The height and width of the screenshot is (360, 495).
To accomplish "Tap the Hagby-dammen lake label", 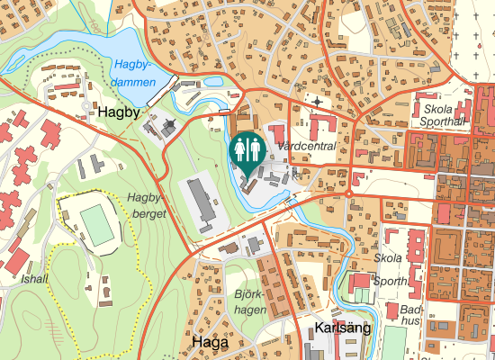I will coord(136,73).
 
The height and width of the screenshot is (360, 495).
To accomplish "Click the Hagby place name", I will coord(118,112).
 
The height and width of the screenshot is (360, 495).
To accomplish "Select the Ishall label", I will coord(35,279).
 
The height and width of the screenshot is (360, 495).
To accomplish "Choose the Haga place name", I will coord(210,343).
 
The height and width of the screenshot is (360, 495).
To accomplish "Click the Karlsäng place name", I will coord(343,328).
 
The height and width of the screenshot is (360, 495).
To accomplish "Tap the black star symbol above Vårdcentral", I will coord(317,102).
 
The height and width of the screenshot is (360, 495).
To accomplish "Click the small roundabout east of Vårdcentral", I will coord(348,193).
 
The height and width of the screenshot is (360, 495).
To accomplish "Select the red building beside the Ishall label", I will coord(18,259).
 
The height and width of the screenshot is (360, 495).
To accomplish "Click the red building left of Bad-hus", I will coord(360,281).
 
